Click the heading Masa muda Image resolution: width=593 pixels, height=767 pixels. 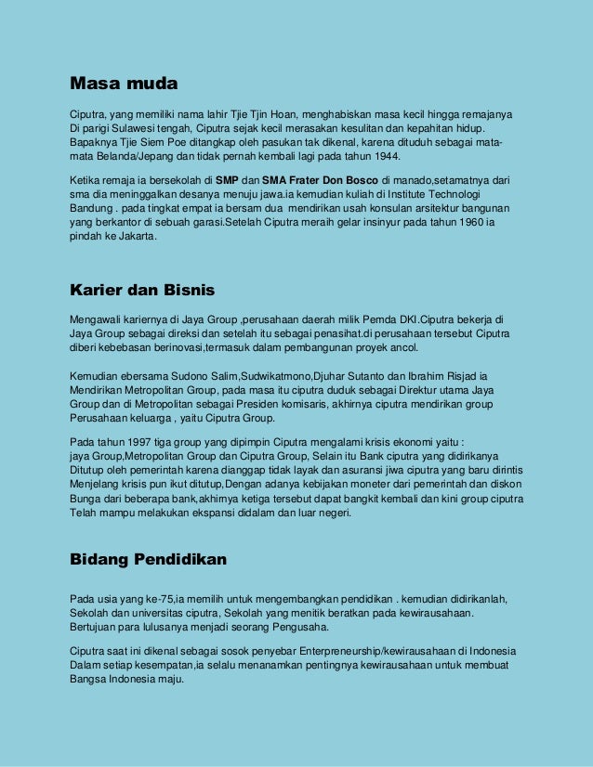click(x=124, y=84)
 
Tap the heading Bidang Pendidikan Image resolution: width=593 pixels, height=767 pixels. click(x=149, y=560)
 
